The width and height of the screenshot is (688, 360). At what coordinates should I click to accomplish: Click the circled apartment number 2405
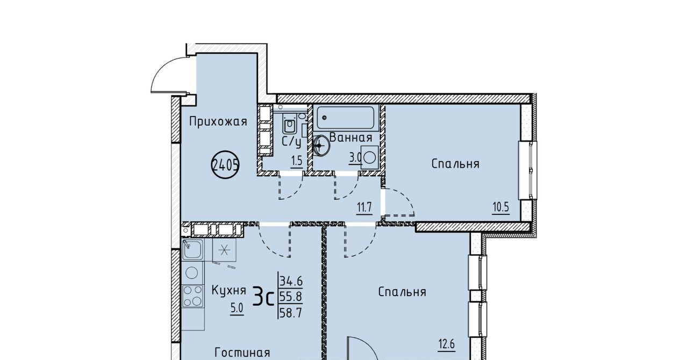(225, 165)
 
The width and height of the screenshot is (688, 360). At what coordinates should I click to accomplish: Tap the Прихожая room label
(218, 122)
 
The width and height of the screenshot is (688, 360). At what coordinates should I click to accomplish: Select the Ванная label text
(351, 138)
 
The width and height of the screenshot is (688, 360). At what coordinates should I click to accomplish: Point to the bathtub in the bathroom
(346, 118)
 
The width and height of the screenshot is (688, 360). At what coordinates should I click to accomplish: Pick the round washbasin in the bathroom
(321, 146)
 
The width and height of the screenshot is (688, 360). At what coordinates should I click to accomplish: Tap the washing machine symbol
(370, 157)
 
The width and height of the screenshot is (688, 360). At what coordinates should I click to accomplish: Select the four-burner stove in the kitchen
(193, 296)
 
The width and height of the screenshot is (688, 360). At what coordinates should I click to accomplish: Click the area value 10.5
(501, 208)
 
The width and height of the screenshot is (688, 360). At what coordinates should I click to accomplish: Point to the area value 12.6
(446, 344)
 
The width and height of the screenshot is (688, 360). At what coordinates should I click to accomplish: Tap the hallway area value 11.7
(364, 208)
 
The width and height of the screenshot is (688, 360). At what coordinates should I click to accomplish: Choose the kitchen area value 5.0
(237, 308)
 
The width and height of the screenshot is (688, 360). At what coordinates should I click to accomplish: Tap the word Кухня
(229, 290)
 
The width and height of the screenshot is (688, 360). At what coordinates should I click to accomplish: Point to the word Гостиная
(242, 352)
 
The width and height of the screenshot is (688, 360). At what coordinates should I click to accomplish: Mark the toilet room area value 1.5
(297, 161)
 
